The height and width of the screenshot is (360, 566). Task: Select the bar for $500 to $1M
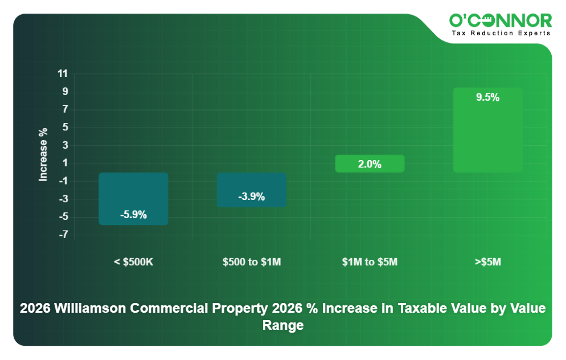click(251, 185)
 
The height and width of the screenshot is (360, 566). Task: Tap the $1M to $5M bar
click(370, 163)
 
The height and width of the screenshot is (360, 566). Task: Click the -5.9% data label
click(133, 215)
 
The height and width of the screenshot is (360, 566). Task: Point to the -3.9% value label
click(251, 197)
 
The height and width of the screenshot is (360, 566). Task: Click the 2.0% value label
click(370, 165)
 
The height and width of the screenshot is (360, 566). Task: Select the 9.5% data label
click(487, 97)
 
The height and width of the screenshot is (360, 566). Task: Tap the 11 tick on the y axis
click(63, 73)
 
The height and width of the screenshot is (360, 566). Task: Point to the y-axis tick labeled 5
click(65, 127)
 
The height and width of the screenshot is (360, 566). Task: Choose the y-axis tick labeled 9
click(65, 91)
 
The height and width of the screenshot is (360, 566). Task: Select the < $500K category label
click(133, 262)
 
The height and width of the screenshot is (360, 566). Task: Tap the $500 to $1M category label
click(251, 262)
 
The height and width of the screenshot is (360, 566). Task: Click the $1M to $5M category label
click(370, 262)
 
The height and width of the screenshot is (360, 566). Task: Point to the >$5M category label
click(487, 262)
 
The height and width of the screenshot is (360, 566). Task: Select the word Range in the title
click(282, 326)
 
